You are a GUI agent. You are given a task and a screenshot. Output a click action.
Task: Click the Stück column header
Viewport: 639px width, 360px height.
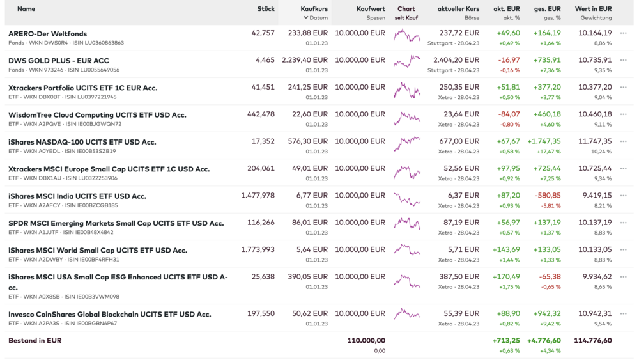tap(266, 9)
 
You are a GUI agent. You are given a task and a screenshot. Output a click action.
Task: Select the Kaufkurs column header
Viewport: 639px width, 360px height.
tap(314, 9)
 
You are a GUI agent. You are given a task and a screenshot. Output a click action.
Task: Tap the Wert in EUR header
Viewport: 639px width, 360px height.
tap(593, 9)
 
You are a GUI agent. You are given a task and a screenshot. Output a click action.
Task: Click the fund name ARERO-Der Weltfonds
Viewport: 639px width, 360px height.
tap(48, 33)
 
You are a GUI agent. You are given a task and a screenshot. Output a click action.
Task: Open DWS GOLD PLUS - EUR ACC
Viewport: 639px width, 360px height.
tap(59, 60)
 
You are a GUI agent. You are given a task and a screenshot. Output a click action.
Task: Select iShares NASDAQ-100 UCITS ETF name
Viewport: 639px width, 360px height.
tap(82, 142)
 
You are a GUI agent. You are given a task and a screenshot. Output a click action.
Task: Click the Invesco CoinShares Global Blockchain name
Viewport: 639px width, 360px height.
tap(110, 314)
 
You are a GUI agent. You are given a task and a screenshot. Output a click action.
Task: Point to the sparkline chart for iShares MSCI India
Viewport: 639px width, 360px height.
tap(406, 200)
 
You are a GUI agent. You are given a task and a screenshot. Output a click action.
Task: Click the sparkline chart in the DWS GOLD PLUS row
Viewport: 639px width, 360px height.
tap(406, 62)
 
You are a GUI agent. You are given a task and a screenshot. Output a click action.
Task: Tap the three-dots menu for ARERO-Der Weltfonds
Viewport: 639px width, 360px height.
tap(624, 33)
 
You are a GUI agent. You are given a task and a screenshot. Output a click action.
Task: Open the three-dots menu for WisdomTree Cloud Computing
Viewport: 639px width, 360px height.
tap(624, 114)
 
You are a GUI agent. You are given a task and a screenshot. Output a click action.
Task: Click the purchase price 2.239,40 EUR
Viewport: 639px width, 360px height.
tap(305, 60)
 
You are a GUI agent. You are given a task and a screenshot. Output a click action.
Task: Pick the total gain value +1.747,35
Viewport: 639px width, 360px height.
tap(544, 141)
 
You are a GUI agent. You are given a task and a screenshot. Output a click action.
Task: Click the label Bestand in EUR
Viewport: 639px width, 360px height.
tap(35, 341)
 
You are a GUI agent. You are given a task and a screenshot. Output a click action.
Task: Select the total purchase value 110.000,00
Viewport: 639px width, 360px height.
tap(366, 341)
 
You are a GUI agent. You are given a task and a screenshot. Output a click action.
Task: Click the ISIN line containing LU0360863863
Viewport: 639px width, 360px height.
tap(66, 43)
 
